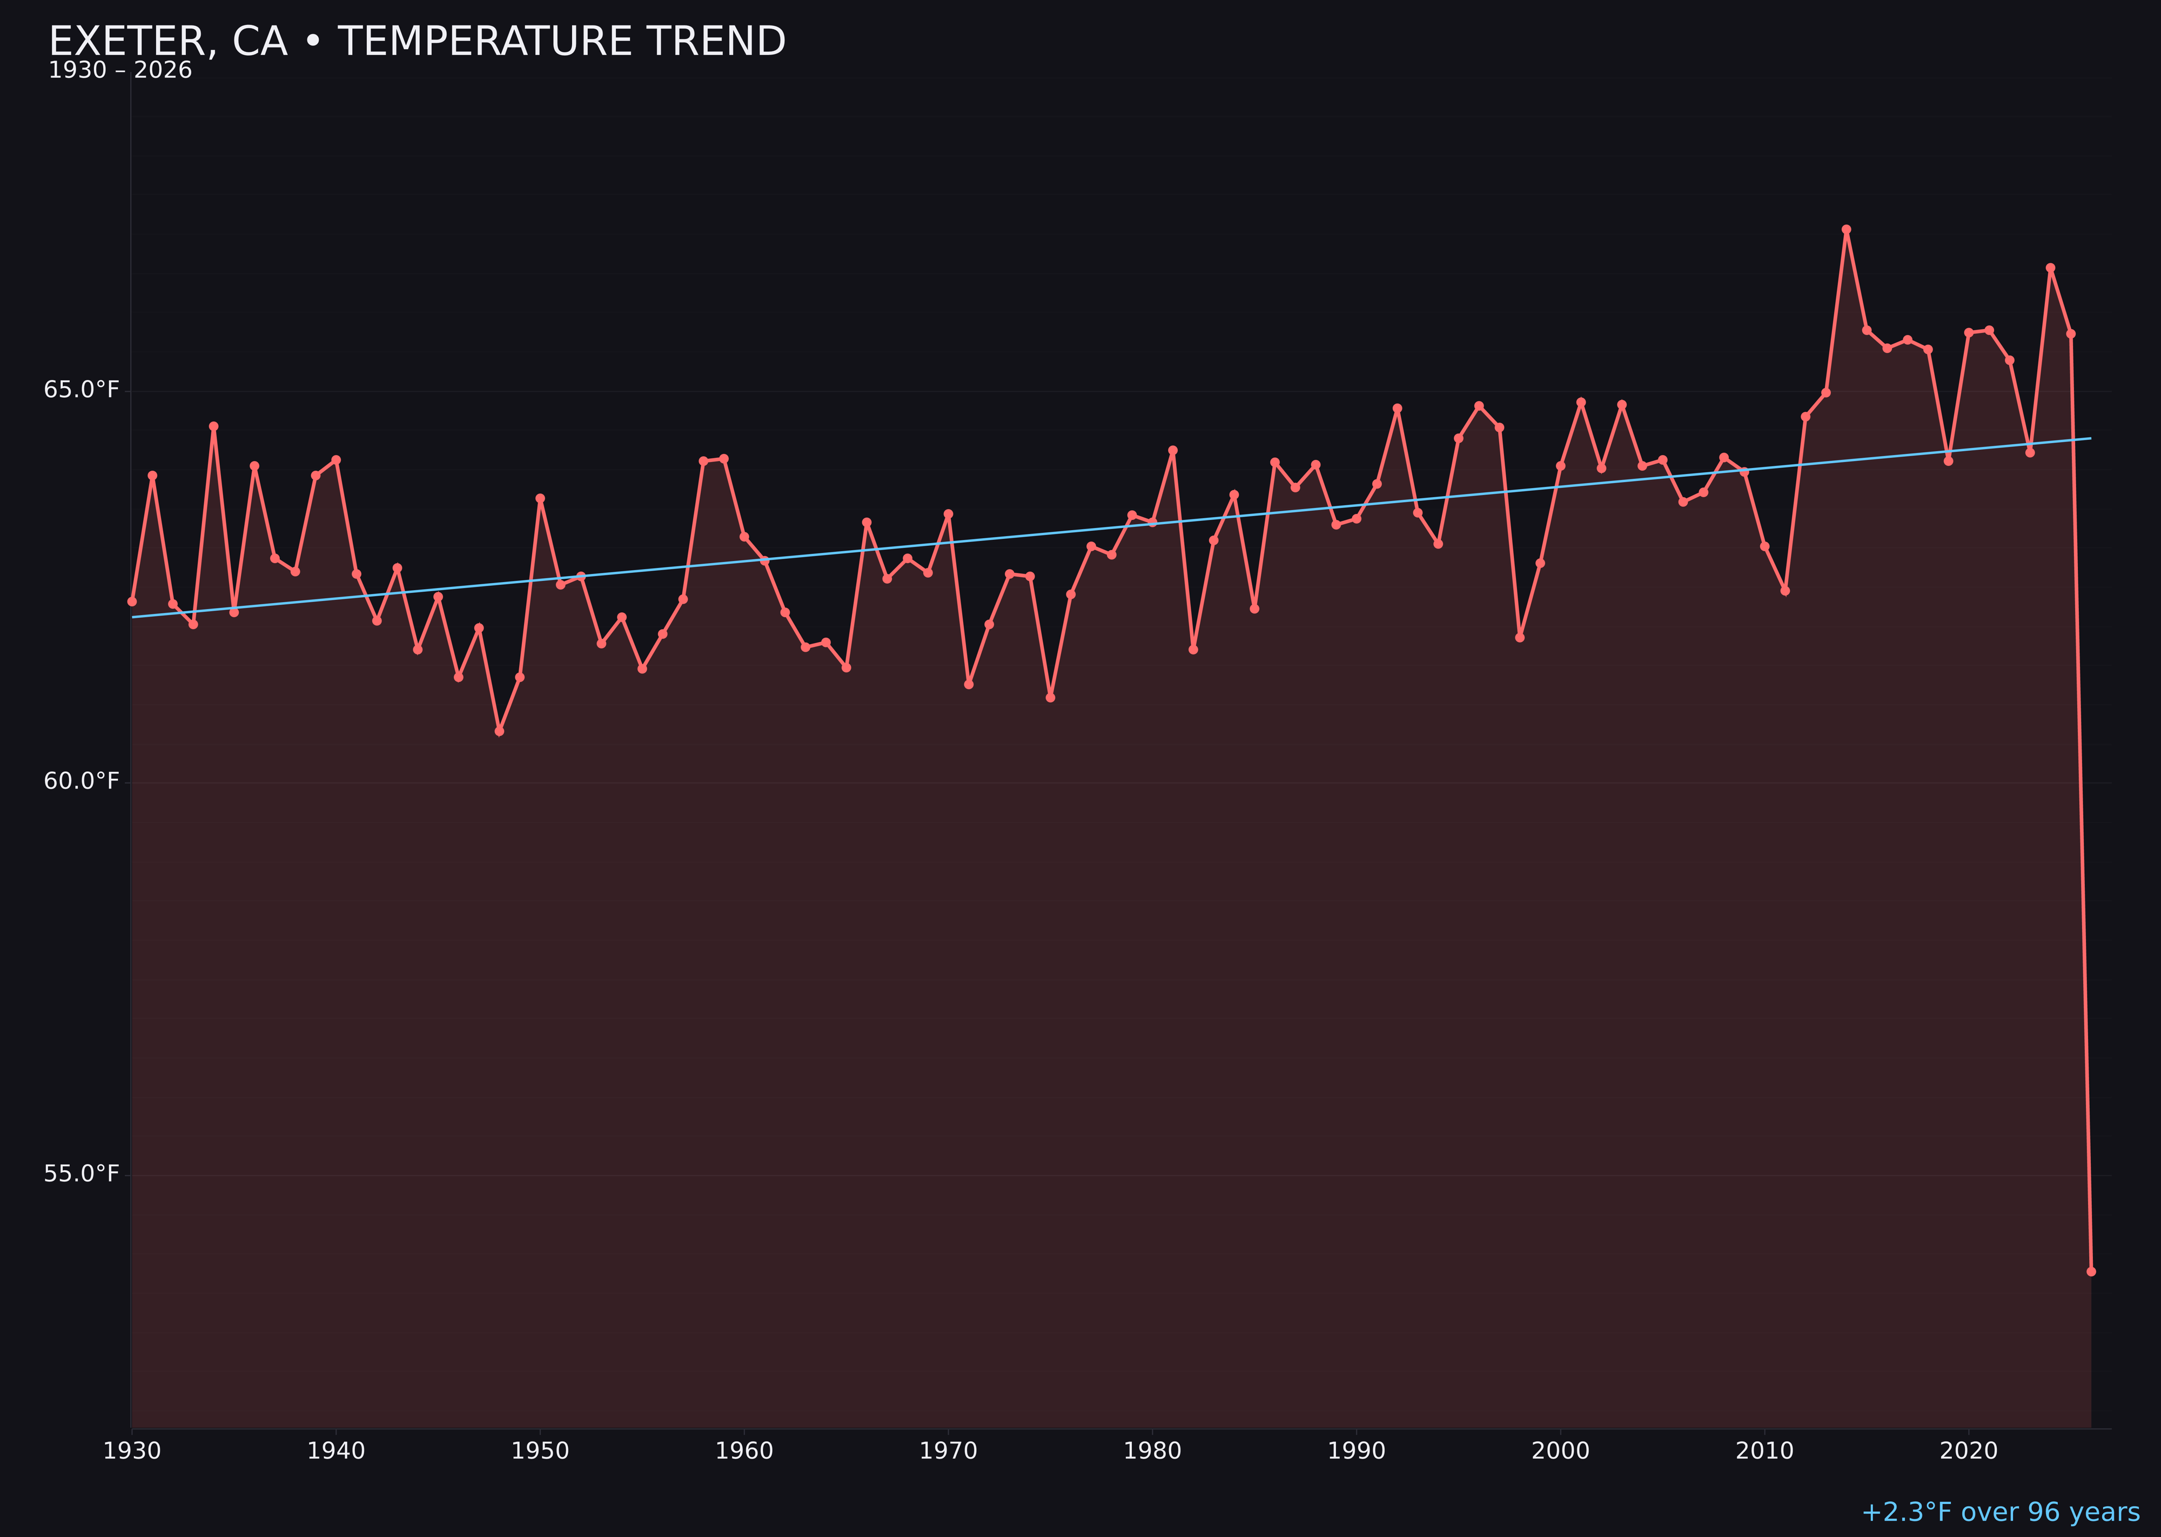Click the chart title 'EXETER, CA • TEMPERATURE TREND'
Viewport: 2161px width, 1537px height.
click(417, 42)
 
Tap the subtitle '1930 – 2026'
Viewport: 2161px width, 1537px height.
click(120, 71)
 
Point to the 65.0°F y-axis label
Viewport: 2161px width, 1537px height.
click(82, 390)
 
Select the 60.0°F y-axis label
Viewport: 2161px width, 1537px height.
click(82, 782)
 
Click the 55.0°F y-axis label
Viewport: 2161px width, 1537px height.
click(82, 1174)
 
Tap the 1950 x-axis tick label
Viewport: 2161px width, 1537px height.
click(540, 1452)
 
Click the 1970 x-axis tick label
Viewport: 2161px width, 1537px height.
click(948, 1452)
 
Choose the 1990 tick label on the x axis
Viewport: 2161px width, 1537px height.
click(1357, 1452)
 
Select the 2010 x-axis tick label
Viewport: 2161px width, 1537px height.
click(1764, 1452)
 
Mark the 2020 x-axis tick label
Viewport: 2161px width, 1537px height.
click(1969, 1452)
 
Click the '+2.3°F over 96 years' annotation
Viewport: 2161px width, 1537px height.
click(2000, 1512)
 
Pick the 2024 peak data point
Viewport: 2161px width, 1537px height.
click(2050, 269)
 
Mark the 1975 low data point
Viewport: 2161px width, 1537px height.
click(1050, 698)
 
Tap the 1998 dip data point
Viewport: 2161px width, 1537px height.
click(1520, 638)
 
